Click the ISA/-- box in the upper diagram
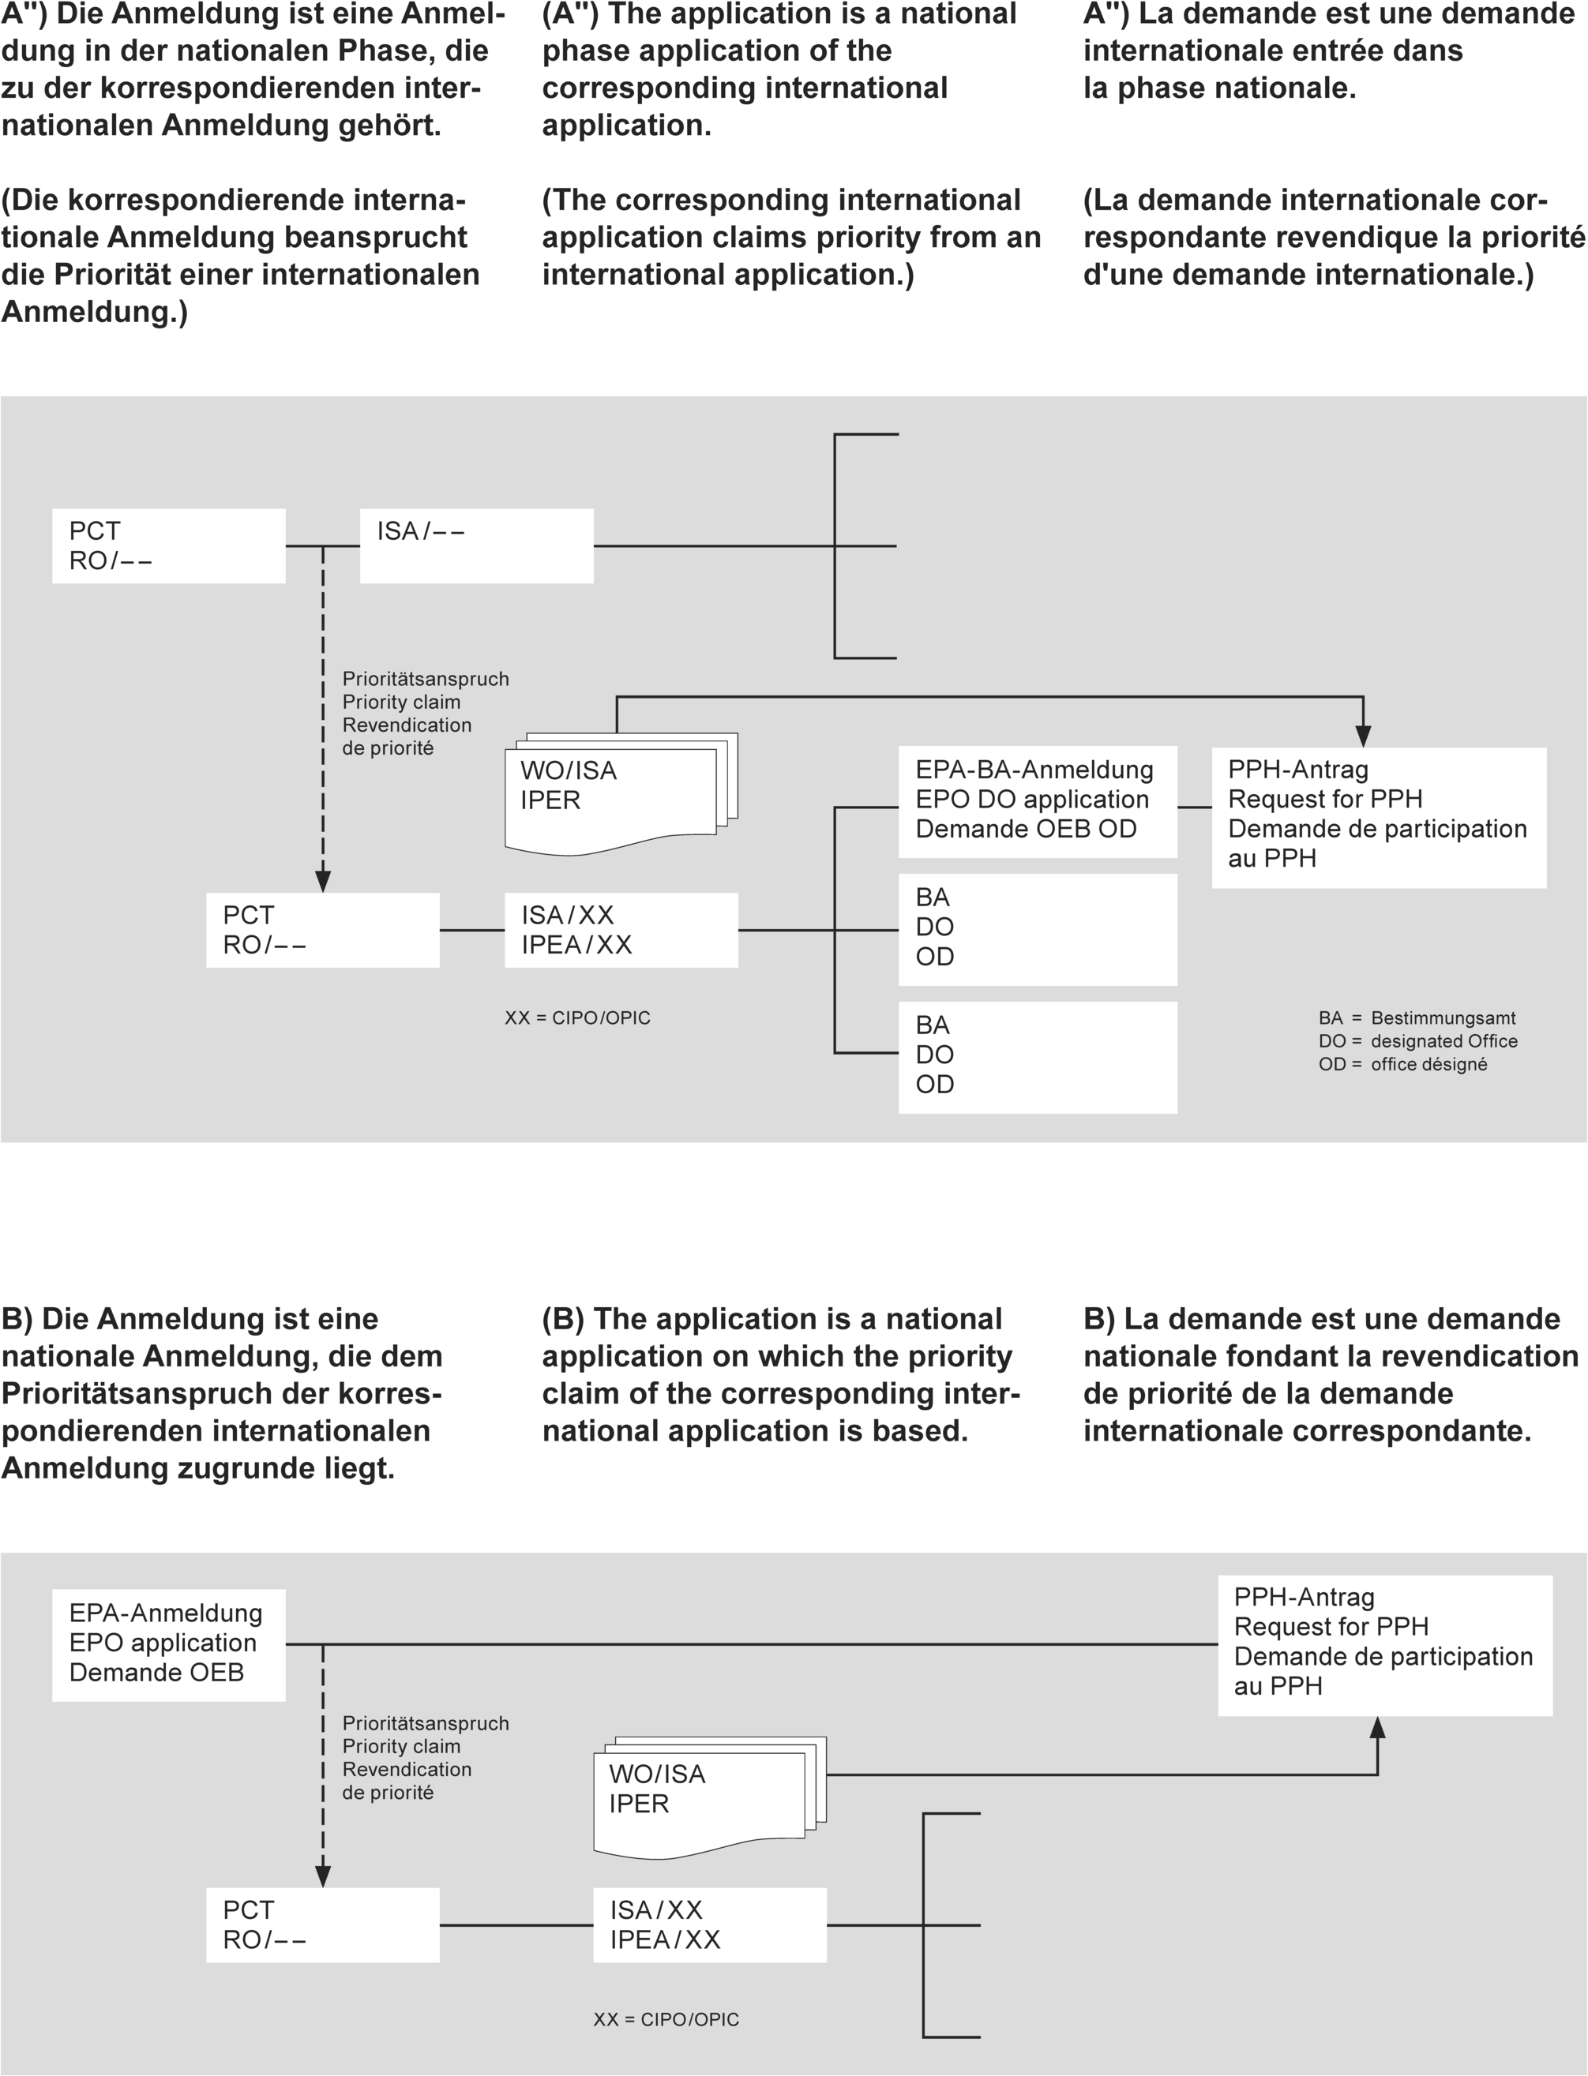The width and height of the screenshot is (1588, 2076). click(x=476, y=545)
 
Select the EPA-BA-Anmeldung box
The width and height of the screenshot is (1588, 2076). click(x=1037, y=800)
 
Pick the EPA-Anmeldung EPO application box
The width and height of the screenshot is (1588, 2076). click(x=168, y=1644)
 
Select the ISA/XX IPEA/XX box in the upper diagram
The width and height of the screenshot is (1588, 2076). click(x=621, y=930)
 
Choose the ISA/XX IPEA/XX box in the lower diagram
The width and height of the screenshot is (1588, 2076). click(x=710, y=1924)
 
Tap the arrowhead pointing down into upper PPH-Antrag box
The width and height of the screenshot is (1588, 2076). click(x=1363, y=736)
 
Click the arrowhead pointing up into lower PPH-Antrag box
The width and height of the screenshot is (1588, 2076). click(x=1378, y=1728)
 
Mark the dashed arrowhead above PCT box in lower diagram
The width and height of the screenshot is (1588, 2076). click(x=322, y=1876)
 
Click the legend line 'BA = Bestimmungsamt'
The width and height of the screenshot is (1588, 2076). click(x=1416, y=1017)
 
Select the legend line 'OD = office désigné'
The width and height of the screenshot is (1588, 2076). click(x=1402, y=1064)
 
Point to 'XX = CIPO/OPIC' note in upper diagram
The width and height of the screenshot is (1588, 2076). click(x=577, y=1017)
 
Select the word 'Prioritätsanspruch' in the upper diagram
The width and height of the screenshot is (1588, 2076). click(x=426, y=679)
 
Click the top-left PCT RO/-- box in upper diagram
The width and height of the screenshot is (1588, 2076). click(x=168, y=545)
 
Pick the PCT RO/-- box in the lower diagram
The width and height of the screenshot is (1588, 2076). click(x=322, y=1924)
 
